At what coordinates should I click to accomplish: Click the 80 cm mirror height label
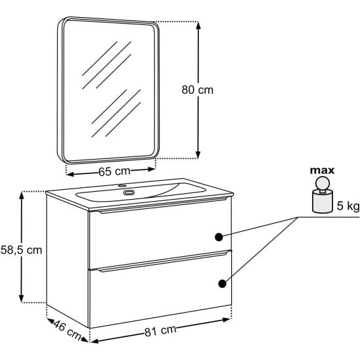[x=198, y=90]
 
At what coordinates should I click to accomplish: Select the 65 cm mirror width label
[x=114, y=171]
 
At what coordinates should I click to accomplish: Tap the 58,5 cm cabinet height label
[x=22, y=250]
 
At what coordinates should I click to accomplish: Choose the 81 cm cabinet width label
[x=160, y=331]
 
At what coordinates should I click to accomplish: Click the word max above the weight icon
[x=322, y=171]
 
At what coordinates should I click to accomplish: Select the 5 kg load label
[x=348, y=206]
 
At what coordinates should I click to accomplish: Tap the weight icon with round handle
[x=323, y=194]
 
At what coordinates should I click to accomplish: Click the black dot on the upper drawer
[x=219, y=237]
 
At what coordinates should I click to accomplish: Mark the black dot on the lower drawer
[x=222, y=284]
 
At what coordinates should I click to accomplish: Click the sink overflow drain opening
[x=129, y=192]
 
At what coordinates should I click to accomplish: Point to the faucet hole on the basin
[x=122, y=185]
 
